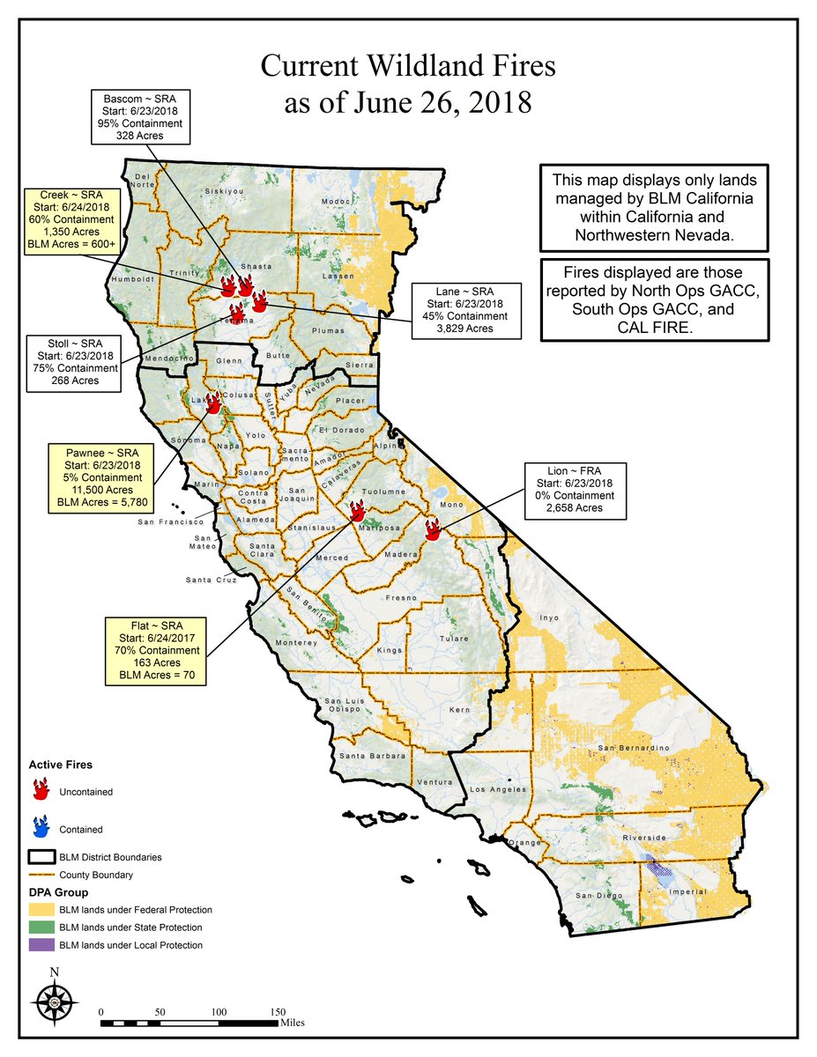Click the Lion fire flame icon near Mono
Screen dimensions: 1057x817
pyautogui.click(x=433, y=528)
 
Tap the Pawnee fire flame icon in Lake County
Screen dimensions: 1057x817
pyautogui.click(x=212, y=403)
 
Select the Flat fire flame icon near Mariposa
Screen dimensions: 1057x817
pyautogui.click(x=357, y=511)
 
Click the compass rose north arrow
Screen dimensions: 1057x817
pyautogui.click(x=55, y=1001)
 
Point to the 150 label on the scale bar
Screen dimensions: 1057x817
pyautogui.click(x=278, y=1011)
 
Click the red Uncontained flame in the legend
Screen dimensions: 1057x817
pyautogui.click(x=39, y=790)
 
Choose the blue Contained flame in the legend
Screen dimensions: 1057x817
pyautogui.click(x=39, y=827)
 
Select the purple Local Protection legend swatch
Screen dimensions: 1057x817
pyautogui.click(x=41, y=945)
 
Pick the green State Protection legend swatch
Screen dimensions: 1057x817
pyautogui.click(x=41, y=927)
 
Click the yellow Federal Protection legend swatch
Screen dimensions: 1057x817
pyautogui.click(x=41, y=909)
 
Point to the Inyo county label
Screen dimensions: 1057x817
pyautogui.click(x=549, y=617)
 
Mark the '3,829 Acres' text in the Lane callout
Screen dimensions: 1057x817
pyautogui.click(x=465, y=328)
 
